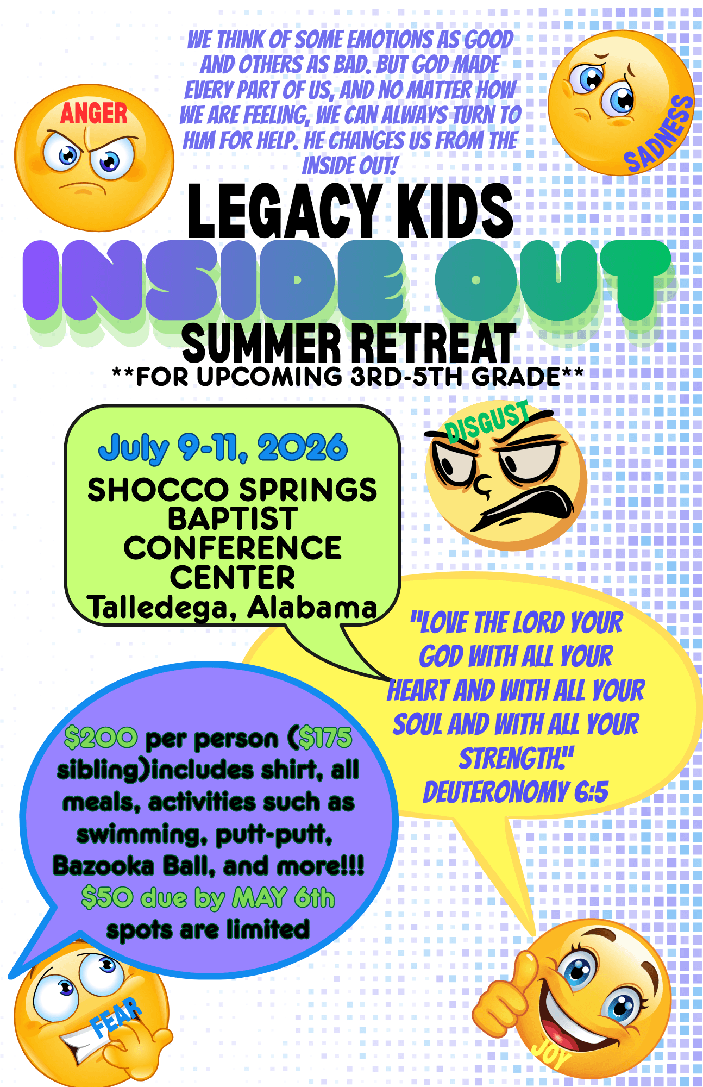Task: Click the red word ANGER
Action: [93, 114]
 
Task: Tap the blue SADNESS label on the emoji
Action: [659, 134]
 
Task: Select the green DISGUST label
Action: [487, 420]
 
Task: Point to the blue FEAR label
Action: [116, 1017]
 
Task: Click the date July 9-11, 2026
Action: [223, 448]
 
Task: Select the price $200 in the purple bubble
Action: [101, 738]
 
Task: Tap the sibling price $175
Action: [325, 738]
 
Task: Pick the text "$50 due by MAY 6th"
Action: [208, 897]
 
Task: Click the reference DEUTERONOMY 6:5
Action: [516, 791]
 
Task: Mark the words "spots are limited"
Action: [208, 929]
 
